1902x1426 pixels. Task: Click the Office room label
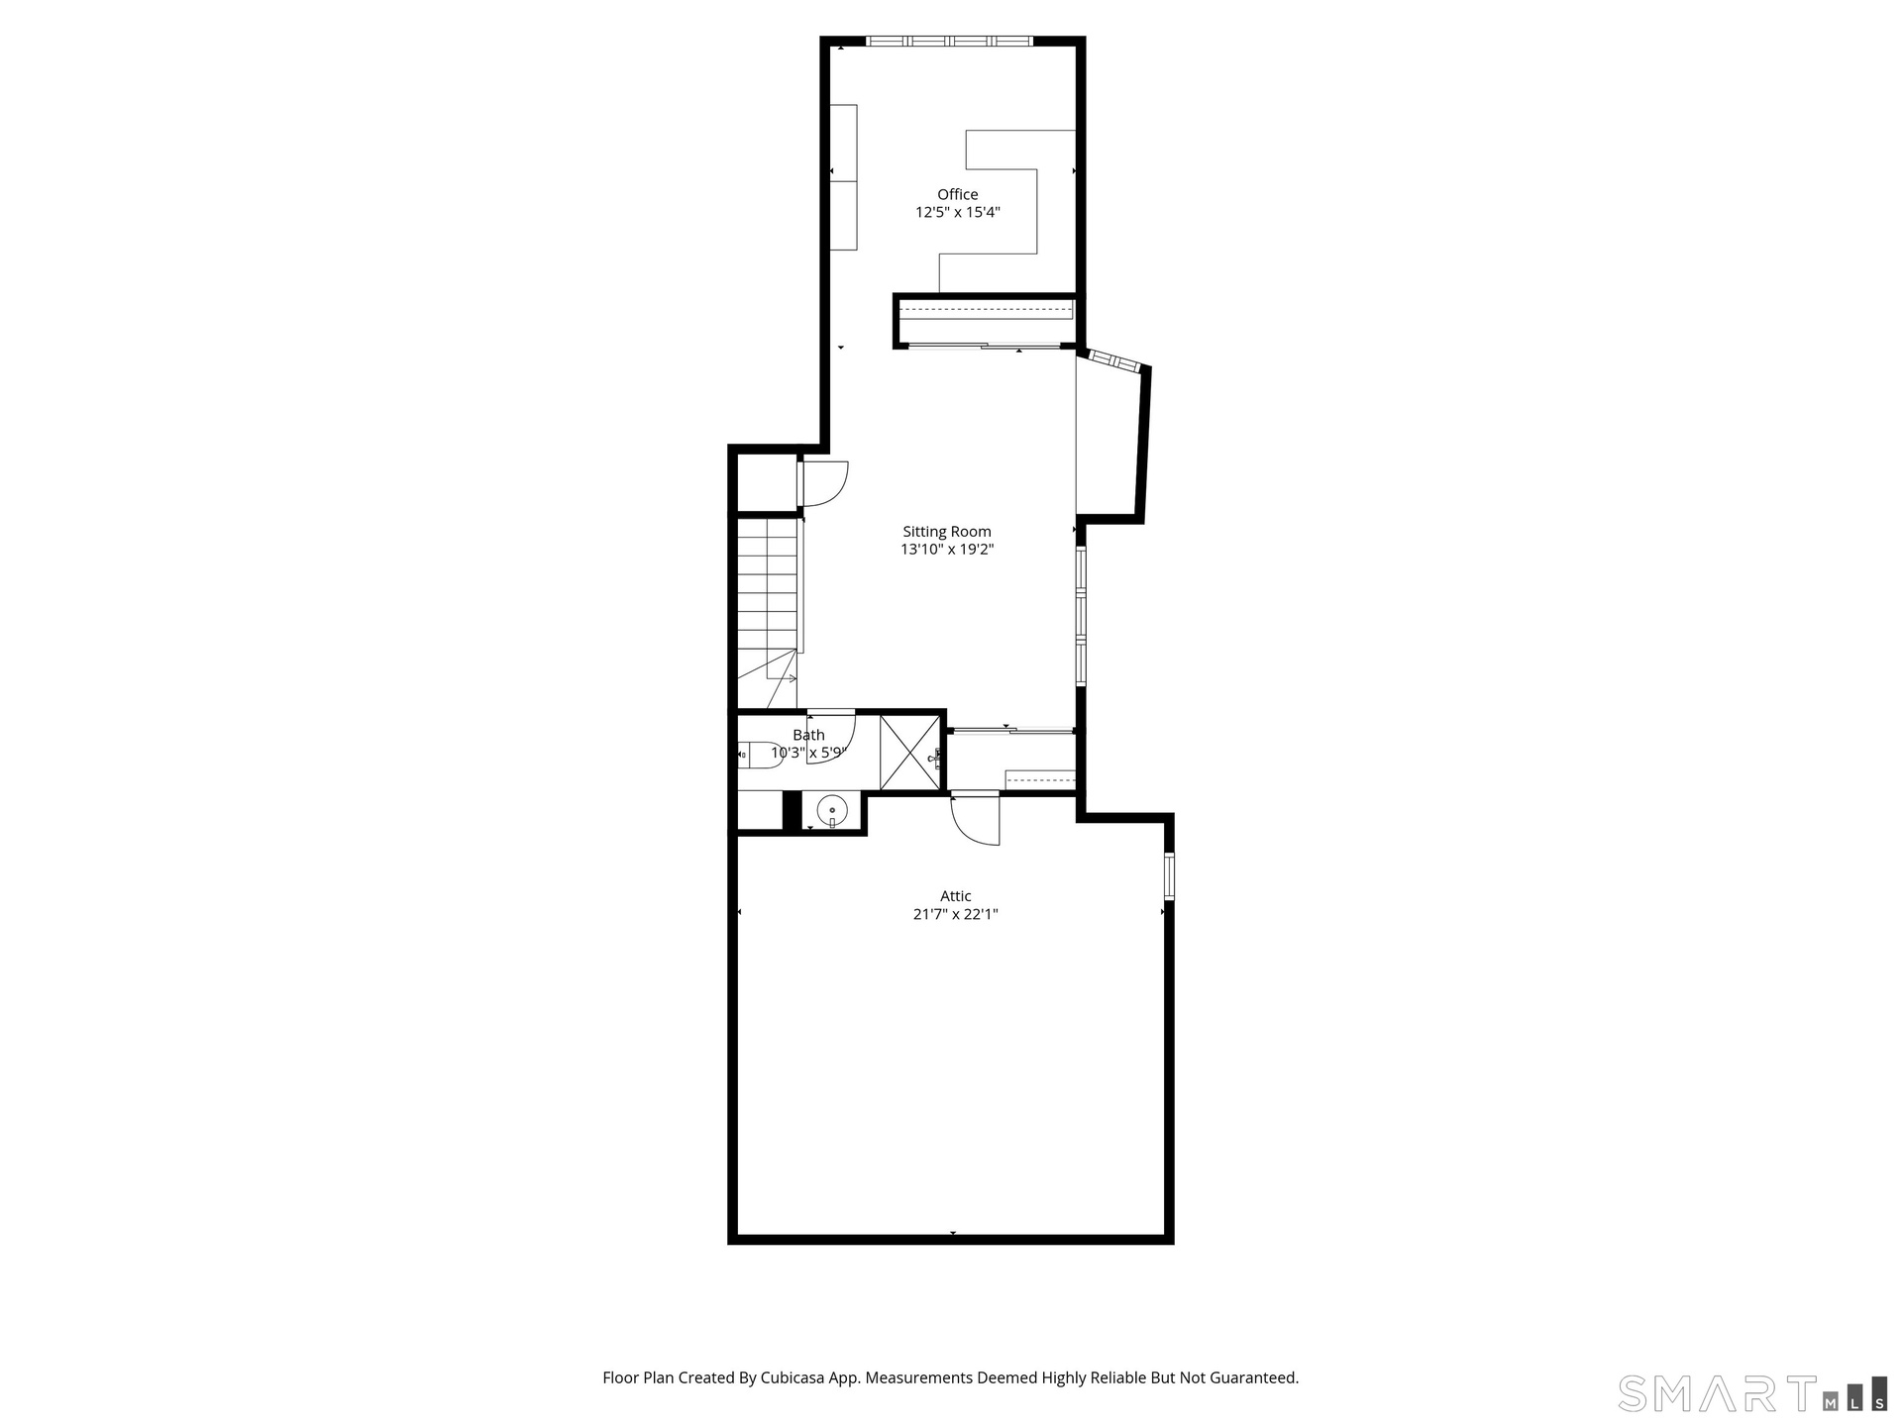coord(957,194)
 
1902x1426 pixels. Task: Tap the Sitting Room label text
coord(946,532)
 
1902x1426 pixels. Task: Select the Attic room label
coord(955,896)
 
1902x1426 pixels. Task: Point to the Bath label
coord(808,735)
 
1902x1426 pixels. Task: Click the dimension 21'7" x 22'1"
coord(955,914)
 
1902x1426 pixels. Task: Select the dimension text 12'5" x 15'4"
coord(957,212)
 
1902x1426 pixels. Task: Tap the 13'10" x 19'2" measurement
coord(946,550)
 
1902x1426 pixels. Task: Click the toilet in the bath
coord(759,755)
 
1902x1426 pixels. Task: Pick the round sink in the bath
coord(831,810)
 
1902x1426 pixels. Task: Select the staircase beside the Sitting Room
coord(768,614)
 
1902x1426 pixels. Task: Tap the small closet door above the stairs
coord(823,484)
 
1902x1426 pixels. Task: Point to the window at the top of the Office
coord(949,41)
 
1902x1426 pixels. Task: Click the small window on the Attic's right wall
coord(1169,875)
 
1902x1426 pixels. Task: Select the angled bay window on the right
coord(1114,360)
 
